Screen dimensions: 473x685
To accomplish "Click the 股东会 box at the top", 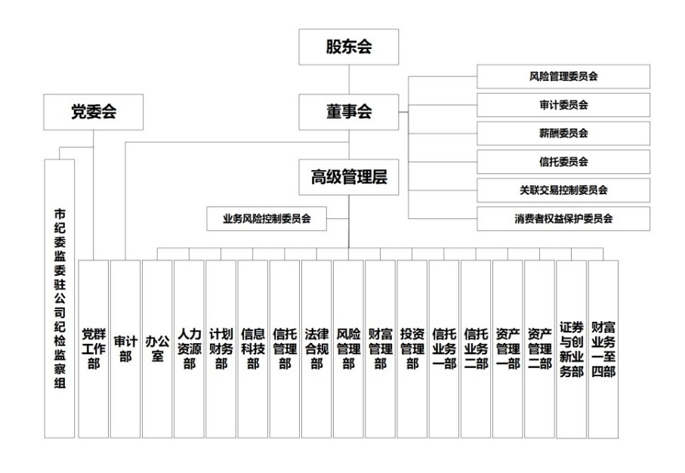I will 348,47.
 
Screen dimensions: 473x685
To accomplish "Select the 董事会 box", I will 348,112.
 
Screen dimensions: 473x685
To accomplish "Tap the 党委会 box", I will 94,112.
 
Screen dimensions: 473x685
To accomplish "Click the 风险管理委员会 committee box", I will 563,76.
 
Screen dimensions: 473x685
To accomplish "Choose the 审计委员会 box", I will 563,104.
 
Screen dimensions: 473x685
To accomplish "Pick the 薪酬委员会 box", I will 563,133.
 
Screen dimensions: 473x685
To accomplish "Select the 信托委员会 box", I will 563,162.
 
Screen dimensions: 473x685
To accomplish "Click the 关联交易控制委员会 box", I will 563,190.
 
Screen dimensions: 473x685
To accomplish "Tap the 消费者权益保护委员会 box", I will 563,218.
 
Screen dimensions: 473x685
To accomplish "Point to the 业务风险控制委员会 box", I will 267,218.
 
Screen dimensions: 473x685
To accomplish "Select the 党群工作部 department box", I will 94,348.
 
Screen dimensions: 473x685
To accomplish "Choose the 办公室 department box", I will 157,348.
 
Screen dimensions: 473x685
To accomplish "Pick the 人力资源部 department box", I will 189,348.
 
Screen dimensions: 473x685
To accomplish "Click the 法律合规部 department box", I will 316,348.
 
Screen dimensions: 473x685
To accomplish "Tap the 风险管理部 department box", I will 348,348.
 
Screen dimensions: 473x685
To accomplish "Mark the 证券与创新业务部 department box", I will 571,348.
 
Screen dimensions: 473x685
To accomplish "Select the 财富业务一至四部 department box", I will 603,348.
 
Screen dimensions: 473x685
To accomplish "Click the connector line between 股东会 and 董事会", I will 348,79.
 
